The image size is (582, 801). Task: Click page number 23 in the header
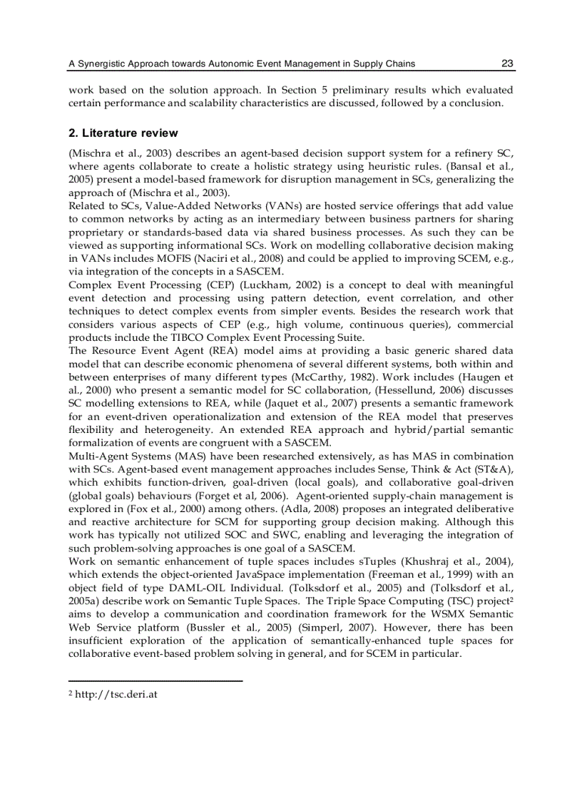[x=507, y=63]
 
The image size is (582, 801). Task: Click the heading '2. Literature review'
[x=123, y=133]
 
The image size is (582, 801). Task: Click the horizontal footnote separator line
[x=155, y=680]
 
